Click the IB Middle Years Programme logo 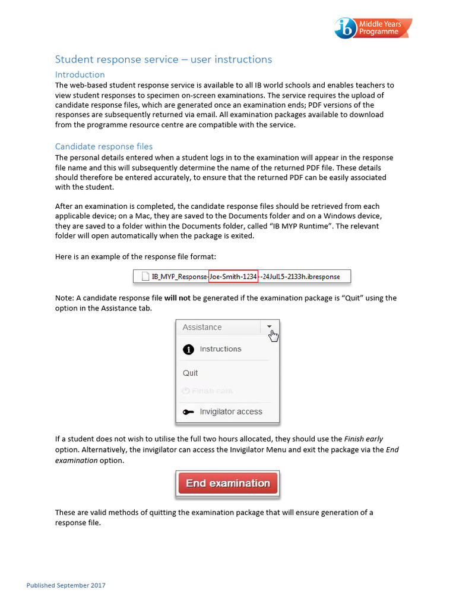click(x=373, y=28)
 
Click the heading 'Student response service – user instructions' click(x=163, y=59)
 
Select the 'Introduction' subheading click(x=80, y=74)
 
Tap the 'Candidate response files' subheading click(x=103, y=146)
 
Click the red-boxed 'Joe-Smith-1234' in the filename click(x=233, y=276)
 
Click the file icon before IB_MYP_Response click(x=144, y=276)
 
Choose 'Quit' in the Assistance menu click(x=190, y=373)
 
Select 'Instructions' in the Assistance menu click(x=220, y=349)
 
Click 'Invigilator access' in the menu click(x=230, y=412)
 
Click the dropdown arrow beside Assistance click(x=269, y=327)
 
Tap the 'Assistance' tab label click(x=202, y=327)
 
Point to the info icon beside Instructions click(x=188, y=349)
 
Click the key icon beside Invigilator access click(x=188, y=412)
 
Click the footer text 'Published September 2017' click(x=66, y=586)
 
